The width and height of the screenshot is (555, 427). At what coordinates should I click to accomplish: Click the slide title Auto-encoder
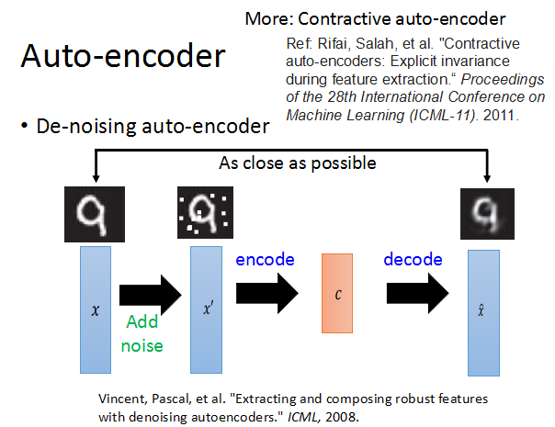[122, 57]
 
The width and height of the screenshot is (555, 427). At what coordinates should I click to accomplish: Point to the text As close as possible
[298, 163]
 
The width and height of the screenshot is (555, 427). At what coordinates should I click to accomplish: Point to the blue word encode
[265, 259]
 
